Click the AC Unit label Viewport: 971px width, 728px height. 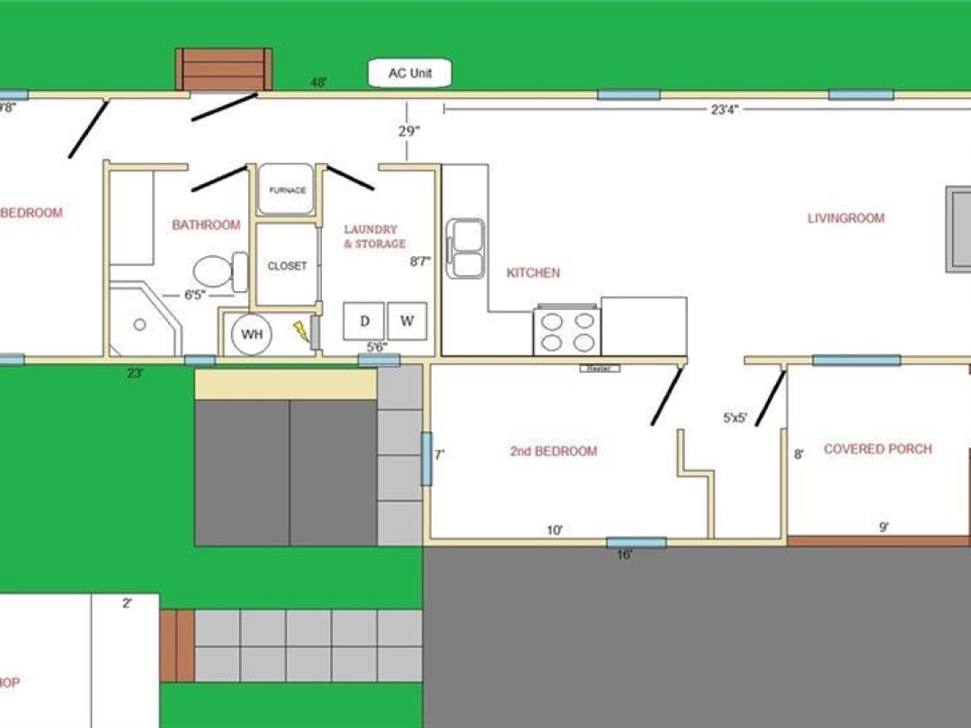(410, 74)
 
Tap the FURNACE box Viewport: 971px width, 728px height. (287, 191)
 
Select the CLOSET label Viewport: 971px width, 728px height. (287, 266)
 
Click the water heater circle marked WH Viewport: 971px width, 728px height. (252, 334)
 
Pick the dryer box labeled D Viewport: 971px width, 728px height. (364, 322)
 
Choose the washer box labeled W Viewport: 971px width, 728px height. (406, 322)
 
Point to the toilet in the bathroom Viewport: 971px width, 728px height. (219, 271)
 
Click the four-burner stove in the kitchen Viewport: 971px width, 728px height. (567, 332)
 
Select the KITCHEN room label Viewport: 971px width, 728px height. (533, 272)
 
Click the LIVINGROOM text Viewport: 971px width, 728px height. (845, 218)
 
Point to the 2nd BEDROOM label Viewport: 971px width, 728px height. (553, 451)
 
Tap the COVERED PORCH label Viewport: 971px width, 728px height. (877, 448)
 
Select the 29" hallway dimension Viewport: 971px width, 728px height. (409, 131)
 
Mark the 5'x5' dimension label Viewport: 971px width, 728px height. (735, 417)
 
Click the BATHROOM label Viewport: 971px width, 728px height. (206, 225)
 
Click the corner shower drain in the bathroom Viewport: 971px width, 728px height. (139, 324)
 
